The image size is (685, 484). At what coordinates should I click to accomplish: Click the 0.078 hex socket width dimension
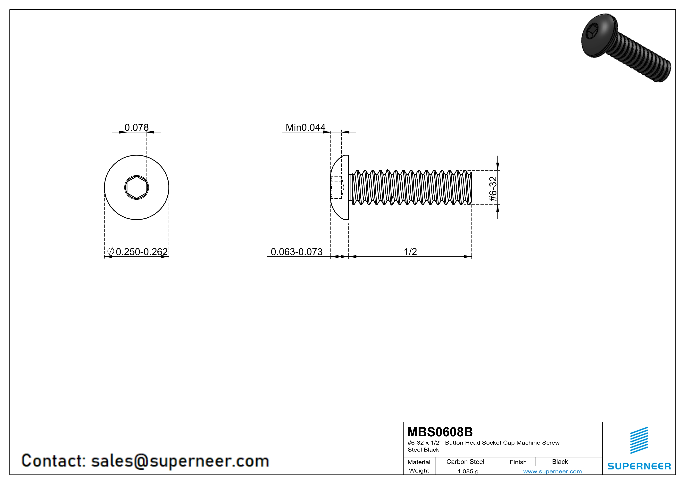pyautogui.click(x=136, y=128)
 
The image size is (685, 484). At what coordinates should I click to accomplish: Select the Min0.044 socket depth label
pyautogui.click(x=305, y=128)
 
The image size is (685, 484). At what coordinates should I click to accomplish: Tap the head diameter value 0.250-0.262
pyautogui.click(x=142, y=252)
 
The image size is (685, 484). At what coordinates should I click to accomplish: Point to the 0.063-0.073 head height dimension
pyautogui.click(x=297, y=252)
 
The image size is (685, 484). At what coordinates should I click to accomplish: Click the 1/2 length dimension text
pyautogui.click(x=410, y=252)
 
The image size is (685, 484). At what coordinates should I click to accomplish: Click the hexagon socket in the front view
pyautogui.click(x=136, y=188)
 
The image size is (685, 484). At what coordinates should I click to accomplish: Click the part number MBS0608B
pyautogui.click(x=440, y=432)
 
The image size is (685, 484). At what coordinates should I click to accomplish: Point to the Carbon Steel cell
pyautogui.click(x=465, y=462)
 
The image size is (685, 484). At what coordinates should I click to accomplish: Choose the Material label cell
pyautogui.click(x=419, y=462)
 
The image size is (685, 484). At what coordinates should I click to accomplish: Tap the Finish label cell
pyautogui.click(x=518, y=462)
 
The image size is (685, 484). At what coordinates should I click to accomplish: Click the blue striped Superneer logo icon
pyautogui.click(x=639, y=440)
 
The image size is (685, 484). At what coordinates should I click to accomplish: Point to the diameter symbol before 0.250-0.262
pyautogui.click(x=110, y=251)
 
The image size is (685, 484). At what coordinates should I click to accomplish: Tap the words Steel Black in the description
pyautogui.click(x=423, y=450)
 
